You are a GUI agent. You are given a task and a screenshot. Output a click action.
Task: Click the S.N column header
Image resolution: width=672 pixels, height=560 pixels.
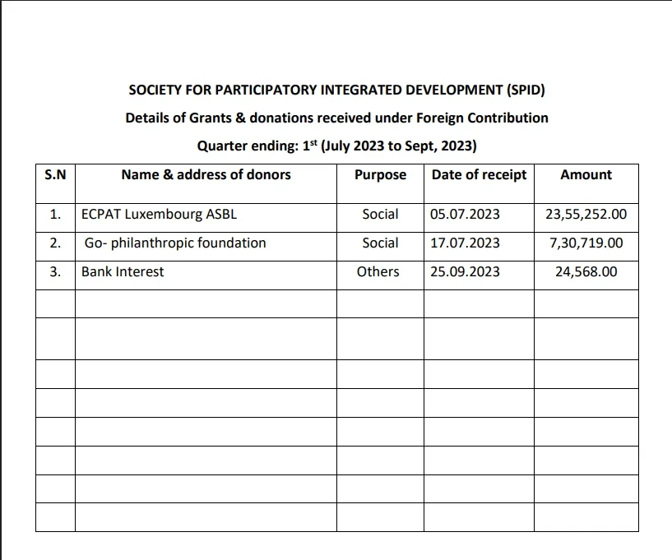click(55, 174)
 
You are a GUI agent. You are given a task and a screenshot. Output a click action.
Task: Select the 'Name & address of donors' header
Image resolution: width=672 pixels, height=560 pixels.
click(206, 174)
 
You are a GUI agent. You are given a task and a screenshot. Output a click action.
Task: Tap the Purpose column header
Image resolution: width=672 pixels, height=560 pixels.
click(380, 174)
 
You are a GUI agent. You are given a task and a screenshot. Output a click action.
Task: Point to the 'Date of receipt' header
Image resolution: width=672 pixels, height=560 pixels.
click(479, 174)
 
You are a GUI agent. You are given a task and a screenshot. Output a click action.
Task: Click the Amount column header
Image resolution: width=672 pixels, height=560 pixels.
click(586, 174)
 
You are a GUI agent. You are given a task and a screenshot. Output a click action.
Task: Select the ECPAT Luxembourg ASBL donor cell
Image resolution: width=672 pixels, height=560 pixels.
click(160, 214)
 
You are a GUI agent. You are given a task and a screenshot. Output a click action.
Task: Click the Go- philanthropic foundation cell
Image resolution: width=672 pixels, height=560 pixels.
click(175, 243)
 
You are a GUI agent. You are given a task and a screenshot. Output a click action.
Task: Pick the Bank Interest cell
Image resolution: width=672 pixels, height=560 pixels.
click(123, 271)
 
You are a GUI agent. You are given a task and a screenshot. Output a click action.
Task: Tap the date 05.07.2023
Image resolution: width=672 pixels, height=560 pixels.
click(465, 214)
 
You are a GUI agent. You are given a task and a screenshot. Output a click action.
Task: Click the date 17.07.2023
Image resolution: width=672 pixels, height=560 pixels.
click(465, 243)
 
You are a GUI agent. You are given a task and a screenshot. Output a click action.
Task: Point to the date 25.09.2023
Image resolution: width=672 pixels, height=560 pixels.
click(465, 271)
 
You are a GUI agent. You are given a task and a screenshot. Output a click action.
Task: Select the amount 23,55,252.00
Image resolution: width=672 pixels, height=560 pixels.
click(586, 214)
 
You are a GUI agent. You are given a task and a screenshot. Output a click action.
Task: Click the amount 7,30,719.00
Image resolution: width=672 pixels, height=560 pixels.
click(586, 243)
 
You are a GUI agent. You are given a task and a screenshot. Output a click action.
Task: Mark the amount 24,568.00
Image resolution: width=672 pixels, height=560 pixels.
click(586, 271)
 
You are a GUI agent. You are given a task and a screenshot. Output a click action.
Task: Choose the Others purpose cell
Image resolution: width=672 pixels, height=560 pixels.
click(378, 271)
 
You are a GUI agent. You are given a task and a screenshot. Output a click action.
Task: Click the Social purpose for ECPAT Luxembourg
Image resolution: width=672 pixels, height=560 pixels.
click(380, 214)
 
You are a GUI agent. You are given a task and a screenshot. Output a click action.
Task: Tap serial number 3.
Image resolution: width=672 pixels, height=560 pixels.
click(55, 271)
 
